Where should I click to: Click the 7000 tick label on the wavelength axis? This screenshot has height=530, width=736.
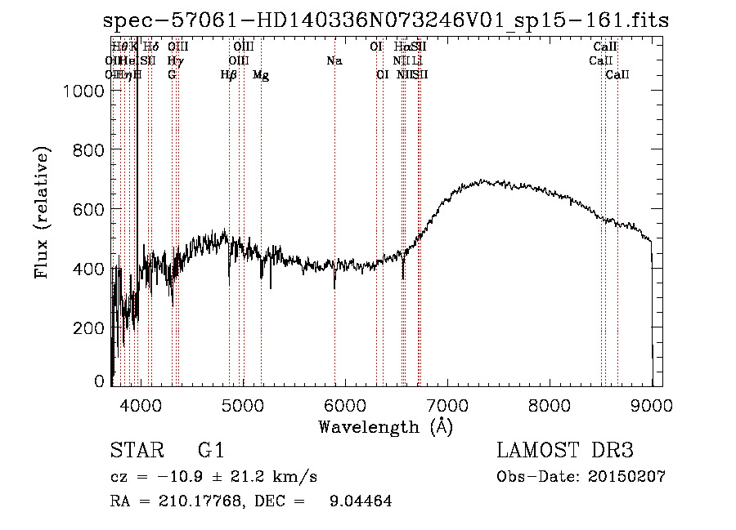click(x=447, y=403)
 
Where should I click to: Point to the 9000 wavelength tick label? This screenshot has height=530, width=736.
click(x=653, y=403)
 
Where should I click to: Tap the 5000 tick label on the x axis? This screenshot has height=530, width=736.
click(x=242, y=403)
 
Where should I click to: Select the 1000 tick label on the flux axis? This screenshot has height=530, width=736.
click(x=83, y=92)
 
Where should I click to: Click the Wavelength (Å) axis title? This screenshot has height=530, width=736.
click(x=385, y=426)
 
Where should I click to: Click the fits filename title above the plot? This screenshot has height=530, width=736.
click(x=385, y=20)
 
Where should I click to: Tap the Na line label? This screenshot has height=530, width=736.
click(x=334, y=61)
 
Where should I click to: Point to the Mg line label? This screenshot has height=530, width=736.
click(x=261, y=75)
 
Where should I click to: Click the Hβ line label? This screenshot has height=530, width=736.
click(x=229, y=75)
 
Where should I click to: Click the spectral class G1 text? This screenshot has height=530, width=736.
click(x=211, y=452)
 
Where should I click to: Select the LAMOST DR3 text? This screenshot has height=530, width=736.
click(x=565, y=452)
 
